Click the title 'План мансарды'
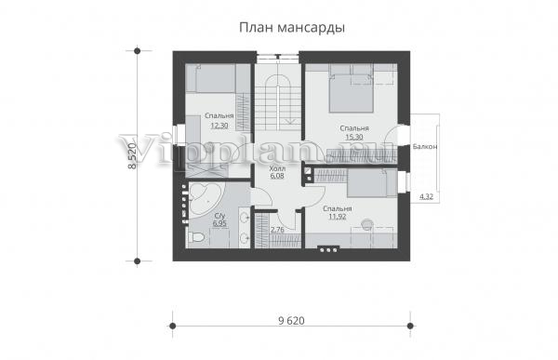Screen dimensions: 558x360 tap(292, 28)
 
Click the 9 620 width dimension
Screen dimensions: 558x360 tap(291, 321)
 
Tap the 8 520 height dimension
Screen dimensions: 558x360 tap(132, 156)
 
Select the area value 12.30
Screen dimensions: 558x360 tap(219, 126)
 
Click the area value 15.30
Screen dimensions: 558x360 tap(354, 137)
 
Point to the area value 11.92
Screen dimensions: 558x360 tap(337, 217)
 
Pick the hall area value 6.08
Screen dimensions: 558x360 tap(277, 176)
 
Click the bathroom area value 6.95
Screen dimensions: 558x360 tap(219, 223)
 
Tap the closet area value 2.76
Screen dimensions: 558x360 tap(277, 230)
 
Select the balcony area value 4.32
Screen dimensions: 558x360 tap(426, 196)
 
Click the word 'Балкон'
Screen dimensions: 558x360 tap(425, 146)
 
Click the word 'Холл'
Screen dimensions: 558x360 tap(277, 168)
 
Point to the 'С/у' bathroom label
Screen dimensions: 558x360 tap(219, 216)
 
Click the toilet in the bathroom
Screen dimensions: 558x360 tap(195, 236)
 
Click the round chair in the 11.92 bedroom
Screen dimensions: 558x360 tap(366, 223)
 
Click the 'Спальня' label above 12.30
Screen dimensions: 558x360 tap(219, 116)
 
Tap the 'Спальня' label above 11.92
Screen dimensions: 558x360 tap(337, 209)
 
